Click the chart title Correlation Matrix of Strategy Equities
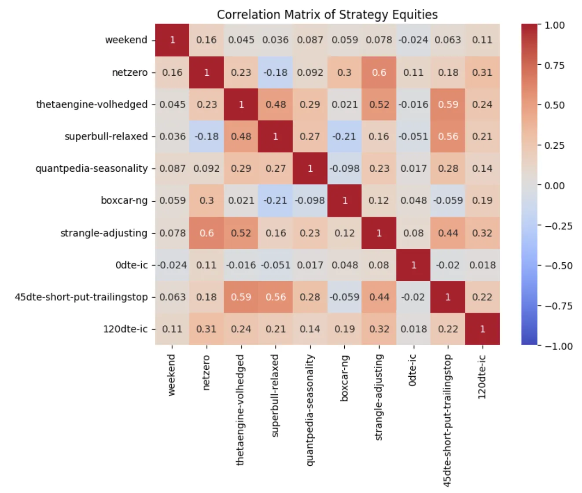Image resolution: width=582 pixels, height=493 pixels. point(327,15)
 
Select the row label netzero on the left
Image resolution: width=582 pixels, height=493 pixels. point(129,72)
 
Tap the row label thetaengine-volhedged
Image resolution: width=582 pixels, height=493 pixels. point(92,104)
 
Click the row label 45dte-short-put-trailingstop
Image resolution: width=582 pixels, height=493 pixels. point(81,297)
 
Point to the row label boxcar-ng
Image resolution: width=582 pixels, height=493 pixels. point(124,201)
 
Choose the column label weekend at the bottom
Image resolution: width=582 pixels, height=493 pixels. point(172,375)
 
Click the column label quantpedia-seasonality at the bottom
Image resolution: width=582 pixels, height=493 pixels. point(310,409)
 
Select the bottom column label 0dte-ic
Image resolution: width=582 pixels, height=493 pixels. point(413,370)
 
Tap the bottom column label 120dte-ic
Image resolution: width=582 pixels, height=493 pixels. point(482,377)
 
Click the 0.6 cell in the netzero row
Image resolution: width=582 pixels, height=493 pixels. point(379,72)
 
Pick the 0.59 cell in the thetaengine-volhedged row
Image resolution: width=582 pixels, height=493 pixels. point(448,104)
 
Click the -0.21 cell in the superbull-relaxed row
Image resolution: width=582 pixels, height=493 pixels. point(344,136)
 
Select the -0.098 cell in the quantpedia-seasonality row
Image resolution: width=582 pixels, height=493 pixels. point(344,169)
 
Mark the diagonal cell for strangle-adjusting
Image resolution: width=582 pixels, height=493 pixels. point(379,233)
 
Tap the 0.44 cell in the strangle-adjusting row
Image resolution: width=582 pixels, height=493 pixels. point(448,233)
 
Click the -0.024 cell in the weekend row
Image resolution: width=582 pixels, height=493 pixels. point(413,40)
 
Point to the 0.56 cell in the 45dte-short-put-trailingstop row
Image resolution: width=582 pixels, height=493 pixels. point(276,297)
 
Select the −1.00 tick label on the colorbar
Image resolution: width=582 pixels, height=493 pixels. point(559,346)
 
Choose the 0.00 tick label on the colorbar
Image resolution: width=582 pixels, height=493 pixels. point(554,185)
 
